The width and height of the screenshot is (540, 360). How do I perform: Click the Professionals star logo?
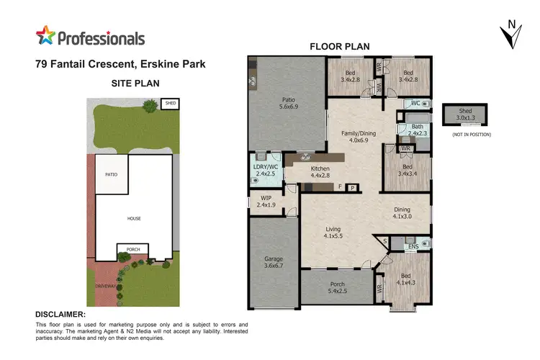(46, 37)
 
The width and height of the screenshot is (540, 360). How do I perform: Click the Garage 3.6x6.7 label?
(273, 261)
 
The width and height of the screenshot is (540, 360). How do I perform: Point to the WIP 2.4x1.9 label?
(266, 201)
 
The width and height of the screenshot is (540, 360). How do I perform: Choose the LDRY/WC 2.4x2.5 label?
(266, 170)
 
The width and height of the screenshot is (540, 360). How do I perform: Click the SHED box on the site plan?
(170, 104)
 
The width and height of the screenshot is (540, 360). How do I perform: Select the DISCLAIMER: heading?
(60, 315)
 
